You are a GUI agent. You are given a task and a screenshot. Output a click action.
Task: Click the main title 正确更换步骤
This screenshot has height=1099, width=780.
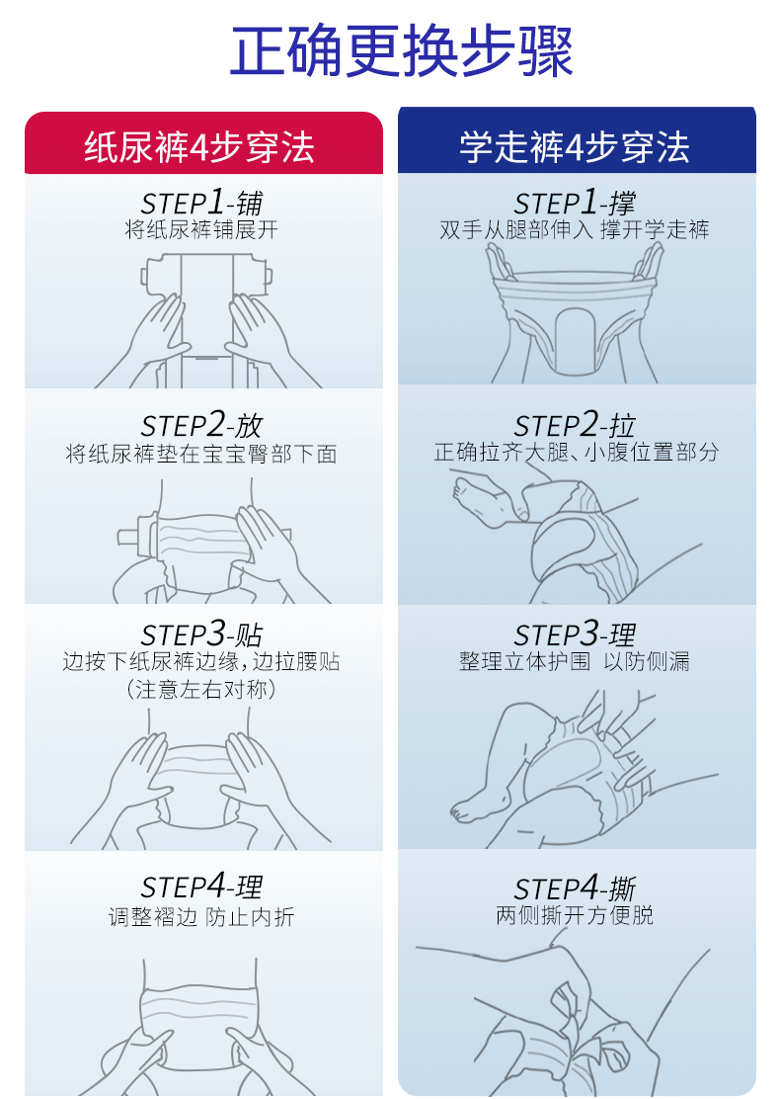[x=401, y=50]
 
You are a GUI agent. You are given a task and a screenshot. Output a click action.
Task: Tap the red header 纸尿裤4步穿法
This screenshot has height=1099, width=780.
[x=199, y=148]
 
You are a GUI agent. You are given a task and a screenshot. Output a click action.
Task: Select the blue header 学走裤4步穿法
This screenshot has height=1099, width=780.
[x=575, y=148]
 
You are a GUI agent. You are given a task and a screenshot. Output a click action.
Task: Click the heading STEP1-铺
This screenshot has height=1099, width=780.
[x=201, y=203]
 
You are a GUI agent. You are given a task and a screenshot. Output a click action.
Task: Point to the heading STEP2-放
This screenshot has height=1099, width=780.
[x=201, y=425]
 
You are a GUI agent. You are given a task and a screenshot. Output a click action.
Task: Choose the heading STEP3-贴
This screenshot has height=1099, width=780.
[x=201, y=634]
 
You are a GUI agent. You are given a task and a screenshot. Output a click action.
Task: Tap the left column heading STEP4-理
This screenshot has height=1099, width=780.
[x=201, y=886]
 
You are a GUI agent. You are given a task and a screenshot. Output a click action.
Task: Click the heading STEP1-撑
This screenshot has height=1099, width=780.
[x=575, y=203]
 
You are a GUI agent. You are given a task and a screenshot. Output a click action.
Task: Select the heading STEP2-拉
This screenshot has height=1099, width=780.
[x=575, y=425]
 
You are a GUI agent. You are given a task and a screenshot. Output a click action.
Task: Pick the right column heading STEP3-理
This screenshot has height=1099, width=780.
[x=575, y=634]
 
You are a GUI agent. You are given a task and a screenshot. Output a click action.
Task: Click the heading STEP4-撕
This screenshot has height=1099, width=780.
[x=575, y=888]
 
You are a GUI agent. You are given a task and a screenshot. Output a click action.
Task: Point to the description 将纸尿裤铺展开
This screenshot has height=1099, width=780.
[x=201, y=229]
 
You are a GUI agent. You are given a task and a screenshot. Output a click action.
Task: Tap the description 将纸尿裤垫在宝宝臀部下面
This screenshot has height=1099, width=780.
[x=201, y=454]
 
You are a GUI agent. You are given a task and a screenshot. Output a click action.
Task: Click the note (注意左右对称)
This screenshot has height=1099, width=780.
[x=201, y=690]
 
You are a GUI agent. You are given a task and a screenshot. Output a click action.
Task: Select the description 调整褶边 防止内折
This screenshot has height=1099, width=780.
[x=201, y=916]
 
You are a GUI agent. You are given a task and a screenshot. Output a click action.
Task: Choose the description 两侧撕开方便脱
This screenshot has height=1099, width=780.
[x=575, y=914]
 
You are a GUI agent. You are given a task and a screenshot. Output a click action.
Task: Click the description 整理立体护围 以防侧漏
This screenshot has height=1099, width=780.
[x=575, y=661]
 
